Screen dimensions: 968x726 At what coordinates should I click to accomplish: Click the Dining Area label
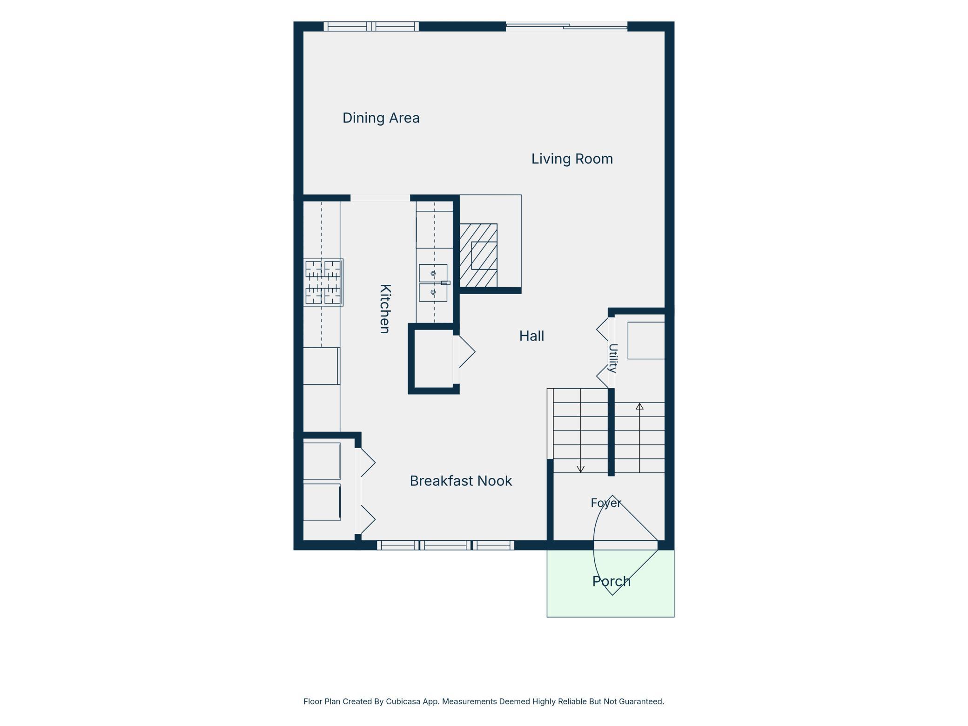(381, 118)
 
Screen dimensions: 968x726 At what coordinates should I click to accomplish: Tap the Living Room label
(572, 159)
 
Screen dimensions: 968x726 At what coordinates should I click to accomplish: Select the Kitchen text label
(385, 309)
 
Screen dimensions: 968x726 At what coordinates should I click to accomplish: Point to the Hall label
(531, 336)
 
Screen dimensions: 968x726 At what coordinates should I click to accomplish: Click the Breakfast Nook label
(461, 481)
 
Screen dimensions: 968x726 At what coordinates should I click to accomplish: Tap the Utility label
(613, 358)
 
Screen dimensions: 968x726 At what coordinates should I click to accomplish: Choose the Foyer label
(606, 503)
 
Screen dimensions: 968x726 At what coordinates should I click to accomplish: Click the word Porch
(611, 581)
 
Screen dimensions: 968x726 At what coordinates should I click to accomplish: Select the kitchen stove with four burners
(323, 282)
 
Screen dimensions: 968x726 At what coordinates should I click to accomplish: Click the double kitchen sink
(433, 283)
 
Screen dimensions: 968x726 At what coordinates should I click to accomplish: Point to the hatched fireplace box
(478, 255)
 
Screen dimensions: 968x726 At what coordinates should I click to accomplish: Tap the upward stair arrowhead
(639, 406)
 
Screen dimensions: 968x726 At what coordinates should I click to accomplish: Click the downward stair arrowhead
(580, 469)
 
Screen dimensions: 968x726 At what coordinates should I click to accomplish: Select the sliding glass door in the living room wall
(566, 27)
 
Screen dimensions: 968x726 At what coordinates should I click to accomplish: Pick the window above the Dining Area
(371, 27)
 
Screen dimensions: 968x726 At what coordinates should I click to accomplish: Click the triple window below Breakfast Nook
(445, 545)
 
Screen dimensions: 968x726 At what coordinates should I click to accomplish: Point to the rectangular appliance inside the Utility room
(646, 340)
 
